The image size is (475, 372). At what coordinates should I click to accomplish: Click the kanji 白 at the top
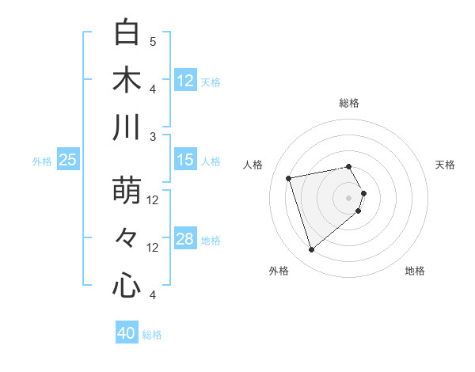127,32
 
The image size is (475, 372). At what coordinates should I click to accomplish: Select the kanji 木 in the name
127,80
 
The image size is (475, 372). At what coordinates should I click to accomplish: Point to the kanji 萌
127,192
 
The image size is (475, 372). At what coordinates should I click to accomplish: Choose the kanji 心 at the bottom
127,285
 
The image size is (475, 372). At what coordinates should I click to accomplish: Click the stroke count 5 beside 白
153,41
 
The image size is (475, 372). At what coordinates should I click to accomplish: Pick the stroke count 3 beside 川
153,136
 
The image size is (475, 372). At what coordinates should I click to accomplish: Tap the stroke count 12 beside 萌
153,200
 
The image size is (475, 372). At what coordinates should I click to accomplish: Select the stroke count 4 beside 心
153,295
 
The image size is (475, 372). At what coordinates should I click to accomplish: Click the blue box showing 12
184,80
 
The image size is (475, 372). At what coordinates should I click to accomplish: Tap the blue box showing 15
184,160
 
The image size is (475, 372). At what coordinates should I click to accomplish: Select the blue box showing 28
184,239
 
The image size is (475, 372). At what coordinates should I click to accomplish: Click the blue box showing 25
67,160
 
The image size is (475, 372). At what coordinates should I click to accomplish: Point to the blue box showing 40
127,333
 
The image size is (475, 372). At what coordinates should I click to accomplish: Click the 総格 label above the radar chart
349,103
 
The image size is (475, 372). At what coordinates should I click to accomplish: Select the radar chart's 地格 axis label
415,271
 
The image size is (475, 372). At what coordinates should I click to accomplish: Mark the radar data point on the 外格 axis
312,250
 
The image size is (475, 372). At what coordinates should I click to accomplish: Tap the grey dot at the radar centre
349,196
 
